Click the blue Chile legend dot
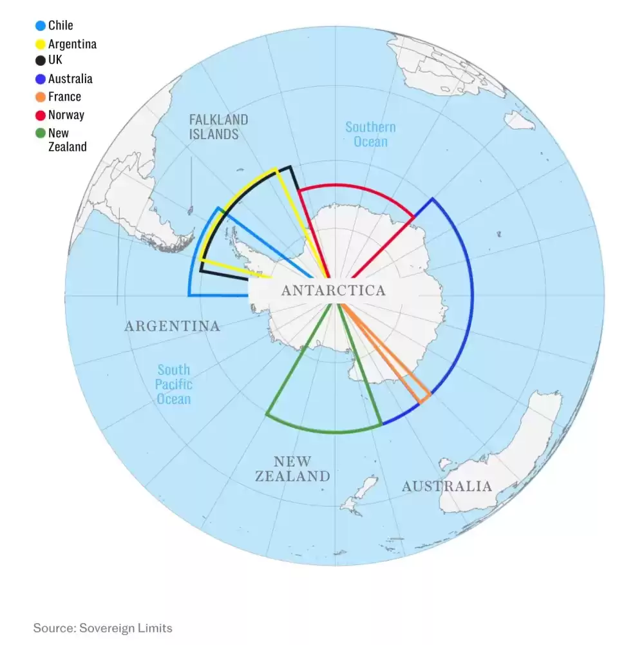pyautogui.click(x=41, y=26)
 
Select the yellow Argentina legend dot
pyautogui.click(x=41, y=44)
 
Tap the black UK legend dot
pyautogui.click(x=41, y=61)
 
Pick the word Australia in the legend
pyautogui.click(x=70, y=79)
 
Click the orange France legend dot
pyautogui.click(x=41, y=97)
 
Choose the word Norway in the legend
pyautogui.click(x=66, y=115)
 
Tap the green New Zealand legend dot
pyautogui.click(x=41, y=134)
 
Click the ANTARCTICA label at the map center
pyautogui.click(x=334, y=291)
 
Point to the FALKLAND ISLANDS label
pyautogui.click(x=218, y=127)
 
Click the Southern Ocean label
pyautogui.click(x=370, y=134)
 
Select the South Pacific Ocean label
pyautogui.click(x=175, y=384)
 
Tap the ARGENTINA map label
pyautogui.click(x=172, y=326)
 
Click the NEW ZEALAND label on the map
pyautogui.click(x=292, y=469)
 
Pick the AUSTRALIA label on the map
pyautogui.click(x=446, y=486)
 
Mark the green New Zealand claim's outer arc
pyautogui.click(x=322, y=431)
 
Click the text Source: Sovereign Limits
pyautogui.click(x=103, y=628)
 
